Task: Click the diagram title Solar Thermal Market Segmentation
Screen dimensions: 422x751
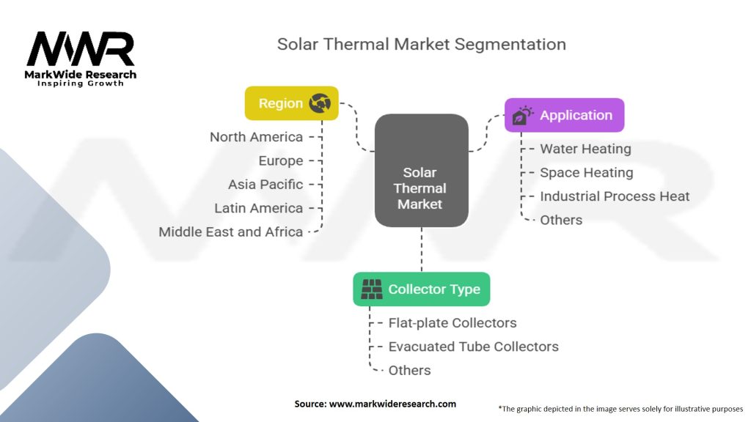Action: coord(421,44)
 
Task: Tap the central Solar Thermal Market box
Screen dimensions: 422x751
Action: coord(421,170)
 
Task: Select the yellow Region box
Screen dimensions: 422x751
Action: coord(291,103)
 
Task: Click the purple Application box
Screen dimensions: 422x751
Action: coord(564,115)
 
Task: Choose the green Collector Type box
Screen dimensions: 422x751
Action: coord(421,289)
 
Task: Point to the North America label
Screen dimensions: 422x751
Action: coord(256,137)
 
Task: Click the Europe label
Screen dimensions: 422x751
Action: coord(280,160)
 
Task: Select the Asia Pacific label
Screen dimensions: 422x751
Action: coord(265,185)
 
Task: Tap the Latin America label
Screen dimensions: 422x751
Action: coord(258,208)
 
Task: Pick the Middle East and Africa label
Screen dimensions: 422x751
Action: coord(230,232)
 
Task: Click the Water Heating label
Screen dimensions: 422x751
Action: coord(585,149)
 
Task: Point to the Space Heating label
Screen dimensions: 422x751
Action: coord(586,173)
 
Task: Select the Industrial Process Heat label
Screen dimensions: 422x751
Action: coord(615,196)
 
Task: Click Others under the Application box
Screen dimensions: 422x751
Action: coord(561,220)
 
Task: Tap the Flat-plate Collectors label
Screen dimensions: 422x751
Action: coord(453,323)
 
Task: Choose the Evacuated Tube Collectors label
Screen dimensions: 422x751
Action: coord(473,347)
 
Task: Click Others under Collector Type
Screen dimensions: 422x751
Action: coord(409,370)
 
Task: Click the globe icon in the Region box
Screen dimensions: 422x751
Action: coord(320,103)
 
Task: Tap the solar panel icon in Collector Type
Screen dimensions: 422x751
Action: coord(373,289)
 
